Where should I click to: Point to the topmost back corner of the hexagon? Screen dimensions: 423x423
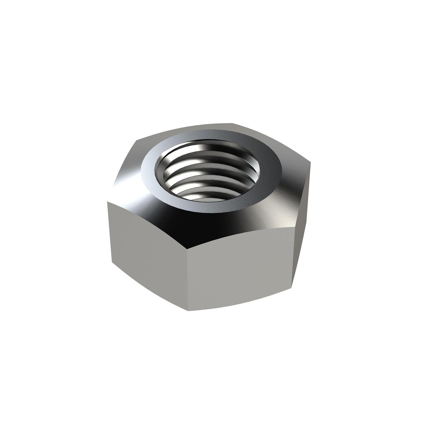[x=233, y=123]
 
